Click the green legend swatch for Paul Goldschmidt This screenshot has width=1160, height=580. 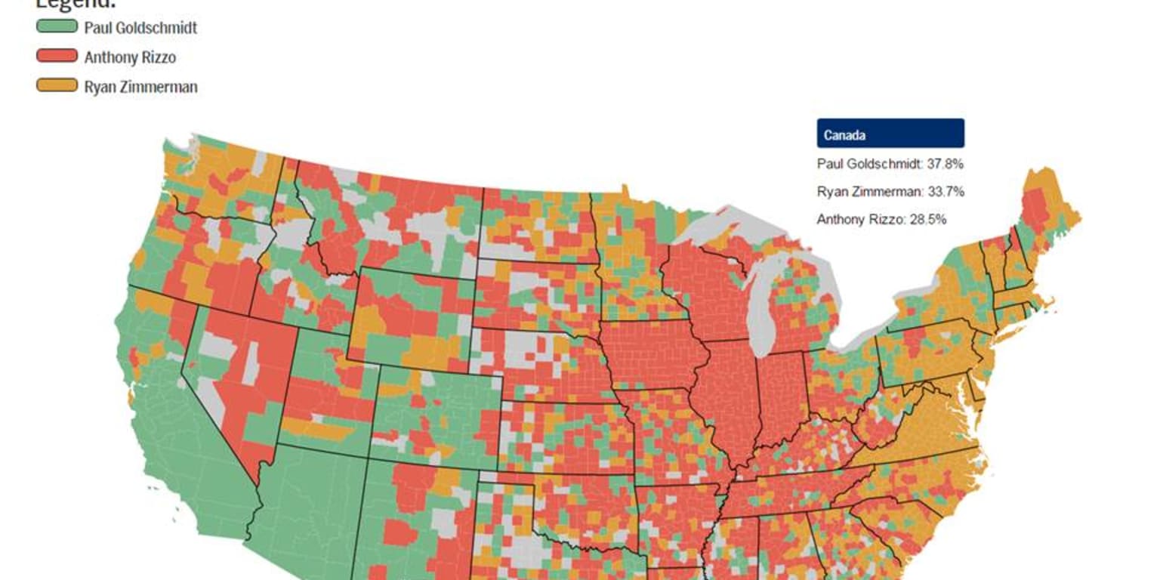point(57,27)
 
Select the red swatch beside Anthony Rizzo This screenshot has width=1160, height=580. point(57,56)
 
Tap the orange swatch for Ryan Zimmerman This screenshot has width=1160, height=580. point(57,85)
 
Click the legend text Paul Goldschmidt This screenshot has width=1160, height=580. point(140,28)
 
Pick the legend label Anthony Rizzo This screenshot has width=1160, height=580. point(130,57)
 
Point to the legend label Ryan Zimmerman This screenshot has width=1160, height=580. point(140,87)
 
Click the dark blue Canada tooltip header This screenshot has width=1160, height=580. point(890,134)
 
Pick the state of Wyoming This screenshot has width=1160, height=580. point(412,317)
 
